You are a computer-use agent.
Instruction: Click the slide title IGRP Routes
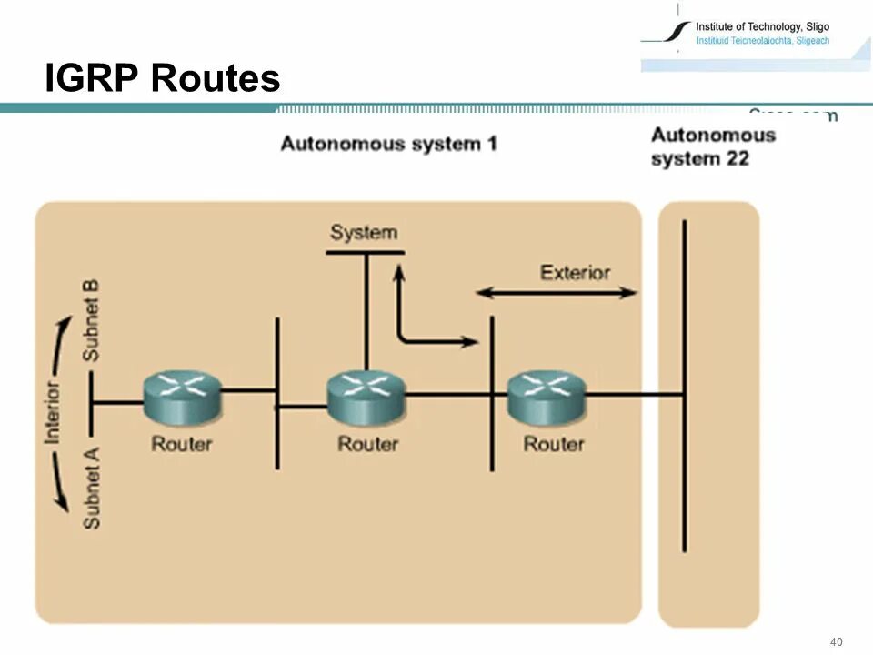click(163, 79)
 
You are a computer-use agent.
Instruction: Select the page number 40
click(837, 642)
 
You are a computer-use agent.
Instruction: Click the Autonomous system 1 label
click(388, 144)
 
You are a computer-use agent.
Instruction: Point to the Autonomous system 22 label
click(713, 146)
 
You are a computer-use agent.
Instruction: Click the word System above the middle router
click(364, 233)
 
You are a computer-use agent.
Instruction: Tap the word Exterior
click(575, 272)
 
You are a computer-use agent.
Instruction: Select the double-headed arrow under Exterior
click(557, 293)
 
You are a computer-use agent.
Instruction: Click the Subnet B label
click(91, 319)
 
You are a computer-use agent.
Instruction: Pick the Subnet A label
click(91, 484)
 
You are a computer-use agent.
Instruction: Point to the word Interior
click(53, 412)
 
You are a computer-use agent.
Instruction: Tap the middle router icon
click(366, 397)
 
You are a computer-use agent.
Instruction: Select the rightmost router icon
click(547, 397)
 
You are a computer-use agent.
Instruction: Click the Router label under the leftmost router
click(182, 444)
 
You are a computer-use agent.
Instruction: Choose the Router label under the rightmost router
click(554, 444)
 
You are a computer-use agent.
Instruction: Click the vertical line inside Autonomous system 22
click(684, 382)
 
